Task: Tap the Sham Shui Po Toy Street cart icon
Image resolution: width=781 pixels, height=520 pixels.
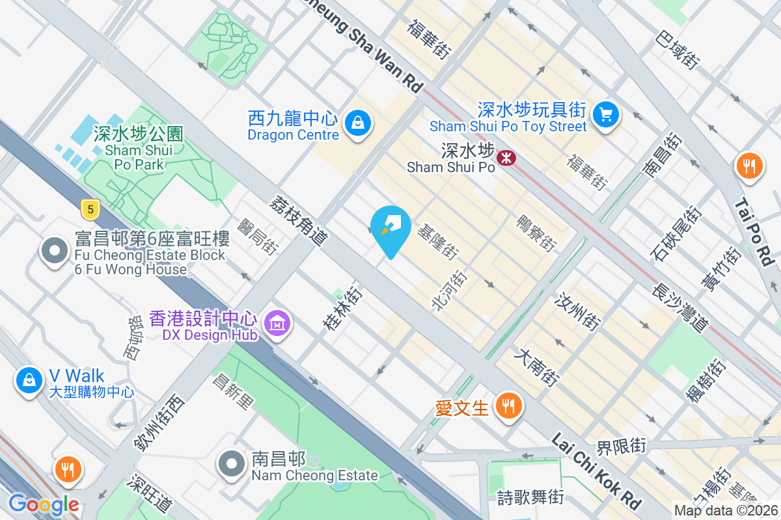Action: click(606, 115)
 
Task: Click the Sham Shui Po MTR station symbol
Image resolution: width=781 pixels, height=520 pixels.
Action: click(505, 157)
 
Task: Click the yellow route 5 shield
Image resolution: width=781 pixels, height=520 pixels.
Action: click(90, 209)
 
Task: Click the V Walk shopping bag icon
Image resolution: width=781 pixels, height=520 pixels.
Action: click(29, 381)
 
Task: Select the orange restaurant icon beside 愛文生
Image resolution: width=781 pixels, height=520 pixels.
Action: click(508, 406)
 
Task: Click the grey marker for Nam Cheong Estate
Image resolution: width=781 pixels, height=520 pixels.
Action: click(231, 465)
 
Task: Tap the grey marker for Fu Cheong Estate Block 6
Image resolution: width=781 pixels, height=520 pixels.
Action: click(55, 251)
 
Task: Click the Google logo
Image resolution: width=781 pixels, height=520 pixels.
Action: click(44, 504)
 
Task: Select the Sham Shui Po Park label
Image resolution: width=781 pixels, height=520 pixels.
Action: click(138, 149)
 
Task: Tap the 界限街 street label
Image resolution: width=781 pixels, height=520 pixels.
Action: click(621, 446)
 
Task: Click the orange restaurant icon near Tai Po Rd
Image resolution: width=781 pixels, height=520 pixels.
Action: click(750, 166)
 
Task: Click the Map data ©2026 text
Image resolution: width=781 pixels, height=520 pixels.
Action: click(726, 511)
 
